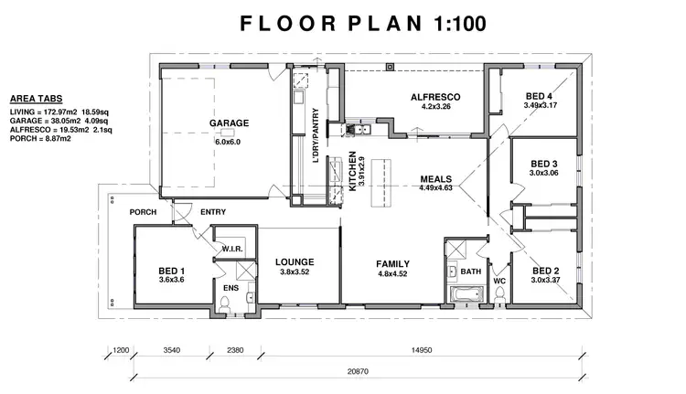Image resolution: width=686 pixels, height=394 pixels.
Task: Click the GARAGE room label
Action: (x=229, y=123)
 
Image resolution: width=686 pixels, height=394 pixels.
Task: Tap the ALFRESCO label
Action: (x=435, y=97)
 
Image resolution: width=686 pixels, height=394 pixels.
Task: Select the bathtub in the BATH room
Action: (x=466, y=293)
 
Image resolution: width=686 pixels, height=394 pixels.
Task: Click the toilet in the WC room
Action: (x=499, y=299)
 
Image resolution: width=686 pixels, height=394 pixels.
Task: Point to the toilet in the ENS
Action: (x=224, y=304)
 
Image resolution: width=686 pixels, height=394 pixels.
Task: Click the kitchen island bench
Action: (x=381, y=183)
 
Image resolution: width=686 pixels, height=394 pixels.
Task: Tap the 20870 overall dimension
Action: (x=358, y=372)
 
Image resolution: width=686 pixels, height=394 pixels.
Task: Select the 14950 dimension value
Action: (x=422, y=350)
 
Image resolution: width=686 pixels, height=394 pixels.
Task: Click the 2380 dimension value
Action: (x=235, y=350)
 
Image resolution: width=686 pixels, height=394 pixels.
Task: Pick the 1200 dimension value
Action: (x=121, y=350)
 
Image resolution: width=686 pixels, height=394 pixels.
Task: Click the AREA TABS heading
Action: (x=37, y=99)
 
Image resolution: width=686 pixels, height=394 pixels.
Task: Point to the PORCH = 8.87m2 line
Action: (x=40, y=139)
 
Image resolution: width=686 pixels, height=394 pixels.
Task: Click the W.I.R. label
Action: (x=232, y=249)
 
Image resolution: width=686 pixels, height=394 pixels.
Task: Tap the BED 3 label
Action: (x=544, y=164)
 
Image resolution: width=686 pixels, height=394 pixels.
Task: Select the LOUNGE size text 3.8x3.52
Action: (x=295, y=272)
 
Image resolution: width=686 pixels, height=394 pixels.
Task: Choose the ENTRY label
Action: (x=213, y=212)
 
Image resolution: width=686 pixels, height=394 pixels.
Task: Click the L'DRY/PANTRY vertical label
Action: (x=316, y=135)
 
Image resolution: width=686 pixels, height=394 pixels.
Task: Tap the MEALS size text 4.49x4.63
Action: (x=435, y=188)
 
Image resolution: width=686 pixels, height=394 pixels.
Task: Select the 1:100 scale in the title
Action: (x=460, y=23)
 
